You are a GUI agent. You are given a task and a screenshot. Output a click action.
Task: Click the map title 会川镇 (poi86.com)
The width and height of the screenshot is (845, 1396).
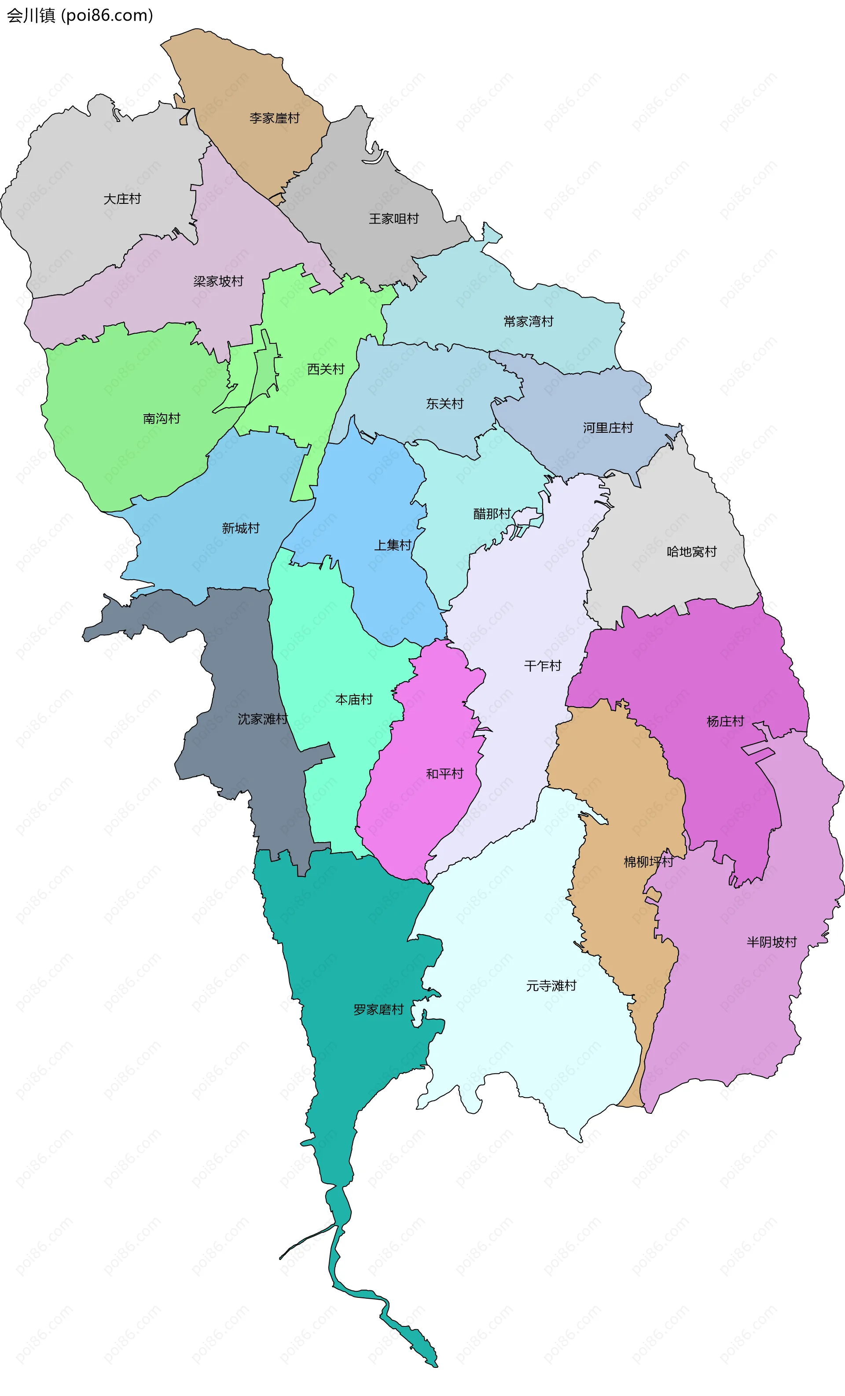(80, 15)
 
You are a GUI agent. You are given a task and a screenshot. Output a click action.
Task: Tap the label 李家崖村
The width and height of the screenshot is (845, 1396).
(275, 118)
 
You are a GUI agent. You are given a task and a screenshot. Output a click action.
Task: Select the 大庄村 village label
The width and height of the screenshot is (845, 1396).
(122, 199)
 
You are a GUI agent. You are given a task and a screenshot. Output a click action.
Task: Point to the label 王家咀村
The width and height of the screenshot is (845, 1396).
(393, 219)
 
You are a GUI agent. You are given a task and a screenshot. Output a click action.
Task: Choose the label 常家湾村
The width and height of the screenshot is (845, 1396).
(529, 321)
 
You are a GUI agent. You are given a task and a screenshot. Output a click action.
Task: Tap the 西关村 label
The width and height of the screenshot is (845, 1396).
(326, 369)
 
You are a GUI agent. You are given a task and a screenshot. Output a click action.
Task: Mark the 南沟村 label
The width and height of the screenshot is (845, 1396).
(162, 418)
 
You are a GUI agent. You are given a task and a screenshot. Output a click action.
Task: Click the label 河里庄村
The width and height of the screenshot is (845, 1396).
(608, 428)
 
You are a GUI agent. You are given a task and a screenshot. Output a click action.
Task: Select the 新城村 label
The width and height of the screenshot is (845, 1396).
(241, 528)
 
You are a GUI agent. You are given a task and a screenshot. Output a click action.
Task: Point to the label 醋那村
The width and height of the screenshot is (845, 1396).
(492, 514)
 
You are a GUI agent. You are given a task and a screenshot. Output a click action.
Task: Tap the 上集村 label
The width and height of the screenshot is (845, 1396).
(393, 545)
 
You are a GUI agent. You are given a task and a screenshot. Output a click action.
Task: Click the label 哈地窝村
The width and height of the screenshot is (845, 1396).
(691, 551)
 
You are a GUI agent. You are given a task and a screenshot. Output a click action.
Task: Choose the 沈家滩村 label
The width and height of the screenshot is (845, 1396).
(263, 719)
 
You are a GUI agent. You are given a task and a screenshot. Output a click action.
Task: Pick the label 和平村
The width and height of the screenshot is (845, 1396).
(445, 774)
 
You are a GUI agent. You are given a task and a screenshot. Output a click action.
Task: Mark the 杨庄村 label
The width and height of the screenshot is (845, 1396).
(725, 721)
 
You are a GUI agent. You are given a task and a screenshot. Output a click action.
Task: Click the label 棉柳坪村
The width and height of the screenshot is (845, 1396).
(648, 862)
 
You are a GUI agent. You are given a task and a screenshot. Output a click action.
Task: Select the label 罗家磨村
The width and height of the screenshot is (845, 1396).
(378, 1009)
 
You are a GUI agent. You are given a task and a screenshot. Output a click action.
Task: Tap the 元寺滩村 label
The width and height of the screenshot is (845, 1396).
(551, 985)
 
